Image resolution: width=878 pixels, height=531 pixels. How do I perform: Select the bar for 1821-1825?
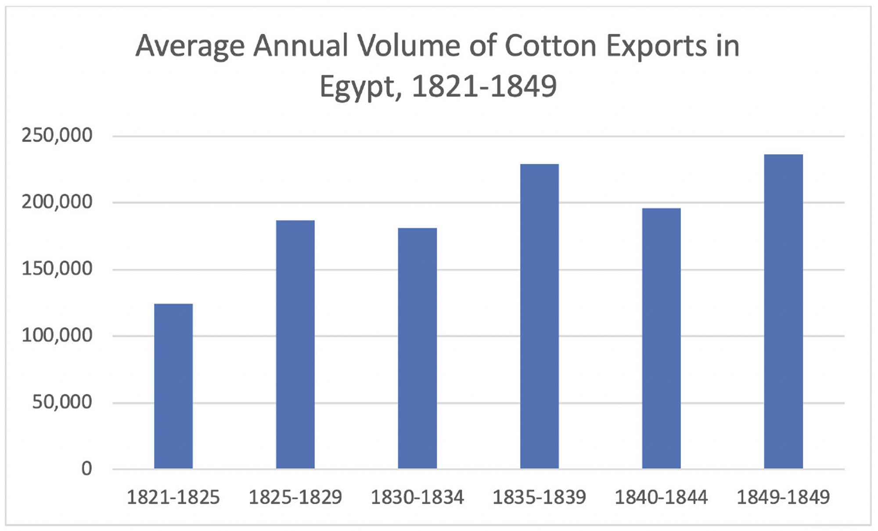point(173,386)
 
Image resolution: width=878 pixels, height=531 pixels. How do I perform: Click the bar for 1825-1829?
point(295,344)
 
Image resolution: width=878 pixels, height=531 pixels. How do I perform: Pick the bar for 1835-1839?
point(540,316)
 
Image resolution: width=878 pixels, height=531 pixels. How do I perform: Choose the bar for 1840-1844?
point(662,338)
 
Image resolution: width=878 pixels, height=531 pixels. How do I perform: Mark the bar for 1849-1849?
point(784,311)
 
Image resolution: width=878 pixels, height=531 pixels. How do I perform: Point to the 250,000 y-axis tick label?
point(57,135)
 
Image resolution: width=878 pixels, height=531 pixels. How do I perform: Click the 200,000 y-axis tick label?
point(57,202)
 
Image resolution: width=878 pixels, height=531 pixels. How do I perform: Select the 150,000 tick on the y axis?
point(57,269)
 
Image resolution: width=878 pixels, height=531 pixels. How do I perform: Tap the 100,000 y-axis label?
point(57,336)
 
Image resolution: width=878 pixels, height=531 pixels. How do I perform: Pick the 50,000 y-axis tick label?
point(62,402)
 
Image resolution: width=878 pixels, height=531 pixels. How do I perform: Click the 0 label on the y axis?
point(86,469)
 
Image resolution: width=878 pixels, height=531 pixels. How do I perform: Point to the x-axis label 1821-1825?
point(173,498)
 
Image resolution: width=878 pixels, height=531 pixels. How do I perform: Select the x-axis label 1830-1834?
point(417,498)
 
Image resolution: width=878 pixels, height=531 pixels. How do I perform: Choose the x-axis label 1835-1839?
point(540,498)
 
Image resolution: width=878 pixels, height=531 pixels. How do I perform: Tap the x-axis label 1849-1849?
point(784,498)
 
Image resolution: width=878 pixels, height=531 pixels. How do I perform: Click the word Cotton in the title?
point(551,46)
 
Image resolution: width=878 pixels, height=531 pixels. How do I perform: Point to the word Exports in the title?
point(656,47)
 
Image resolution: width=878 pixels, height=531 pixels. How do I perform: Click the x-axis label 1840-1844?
point(662,498)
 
